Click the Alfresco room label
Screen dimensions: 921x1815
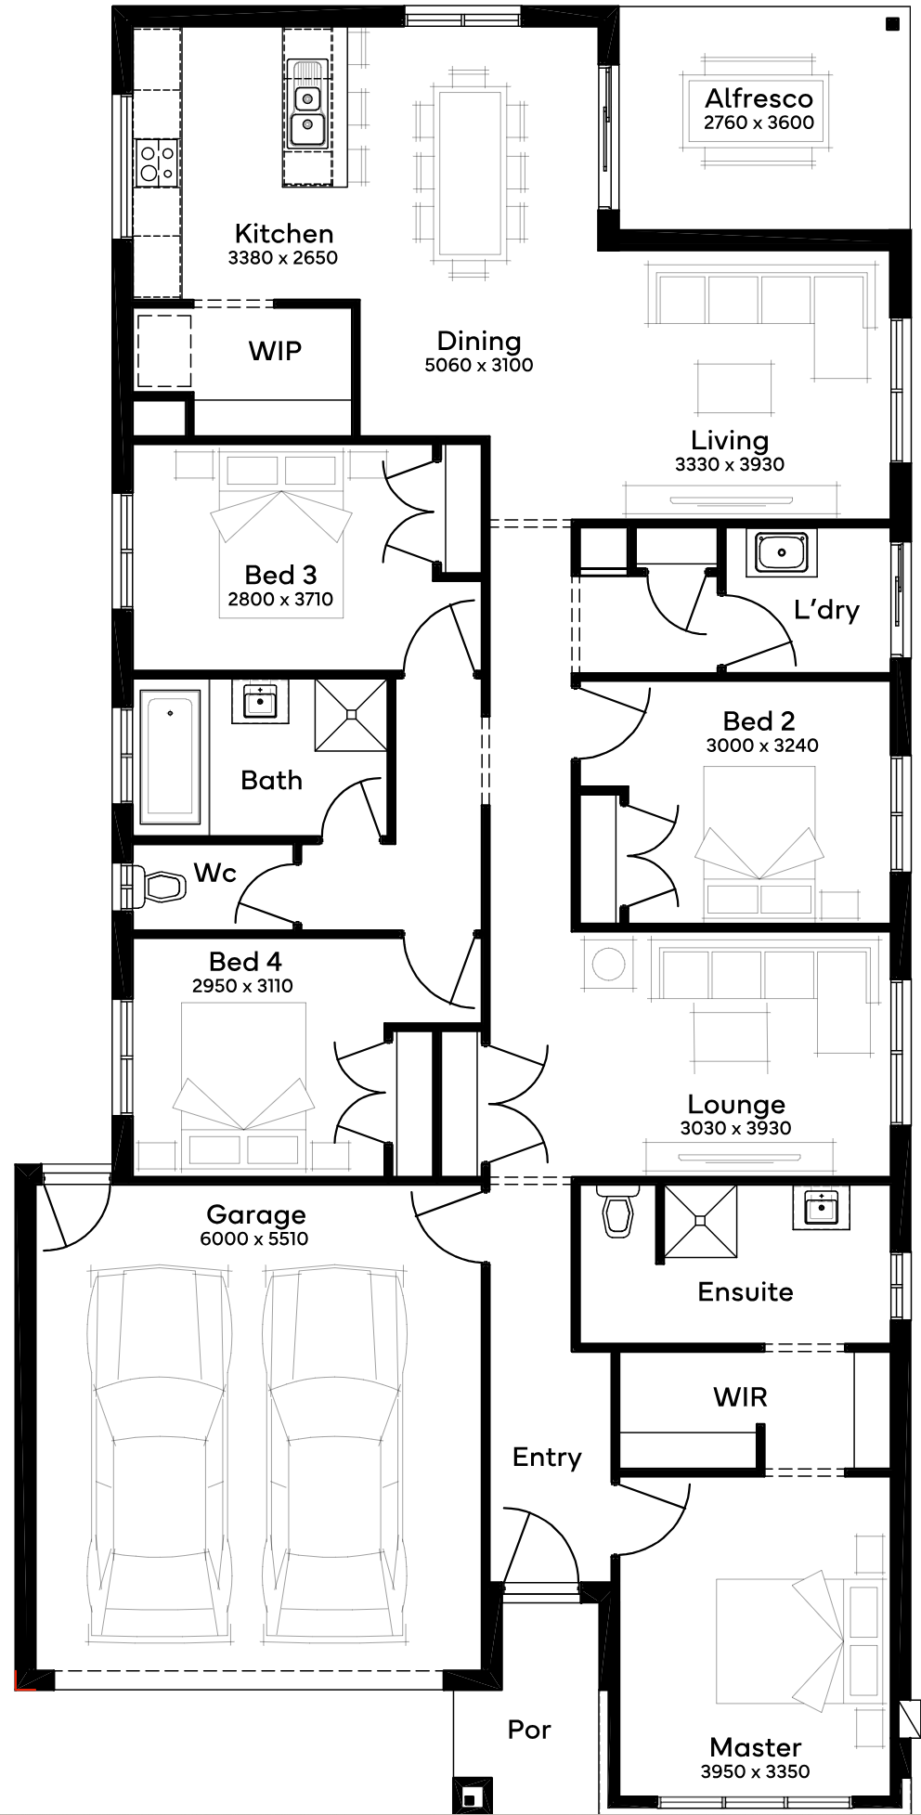point(759,98)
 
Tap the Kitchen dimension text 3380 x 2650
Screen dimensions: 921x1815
point(283,257)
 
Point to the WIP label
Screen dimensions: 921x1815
point(275,351)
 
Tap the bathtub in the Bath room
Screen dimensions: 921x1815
point(170,756)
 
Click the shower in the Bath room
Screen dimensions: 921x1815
point(351,715)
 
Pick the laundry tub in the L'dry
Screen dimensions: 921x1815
point(781,552)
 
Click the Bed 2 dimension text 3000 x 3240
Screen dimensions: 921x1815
point(762,745)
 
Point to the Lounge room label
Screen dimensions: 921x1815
point(736,1104)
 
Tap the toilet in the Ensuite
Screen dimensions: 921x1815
point(616,1210)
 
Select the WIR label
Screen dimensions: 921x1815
point(740,1397)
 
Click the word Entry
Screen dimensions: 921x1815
point(547,1458)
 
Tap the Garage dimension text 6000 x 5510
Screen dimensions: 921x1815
point(254,1238)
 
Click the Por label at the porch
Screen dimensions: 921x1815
point(529,1730)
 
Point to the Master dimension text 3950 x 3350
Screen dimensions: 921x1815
point(755,1771)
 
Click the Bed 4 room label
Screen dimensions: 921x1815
point(245,962)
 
